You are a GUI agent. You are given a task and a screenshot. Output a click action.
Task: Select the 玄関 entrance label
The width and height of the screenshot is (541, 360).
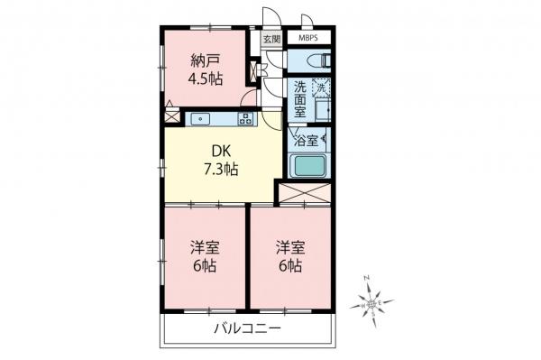pyautogui.click(x=271, y=39)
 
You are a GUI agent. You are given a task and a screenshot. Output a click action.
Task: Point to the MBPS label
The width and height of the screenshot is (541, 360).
pyautogui.click(x=308, y=39)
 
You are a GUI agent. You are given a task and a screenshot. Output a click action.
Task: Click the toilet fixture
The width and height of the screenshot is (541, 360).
pyautogui.click(x=318, y=60)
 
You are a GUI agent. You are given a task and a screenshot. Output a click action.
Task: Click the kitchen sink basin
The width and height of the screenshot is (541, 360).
pyautogui.click(x=199, y=118)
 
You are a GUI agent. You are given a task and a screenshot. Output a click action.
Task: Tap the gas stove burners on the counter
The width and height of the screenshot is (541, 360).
pyautogui.click(x=245, y=118)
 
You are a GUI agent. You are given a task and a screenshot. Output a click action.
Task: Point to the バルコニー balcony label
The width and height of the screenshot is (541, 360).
pyautogui.click(x=246, y=328)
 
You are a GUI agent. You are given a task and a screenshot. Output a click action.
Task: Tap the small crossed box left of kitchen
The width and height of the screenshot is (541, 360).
pyautogui.click(x=172, y=116)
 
